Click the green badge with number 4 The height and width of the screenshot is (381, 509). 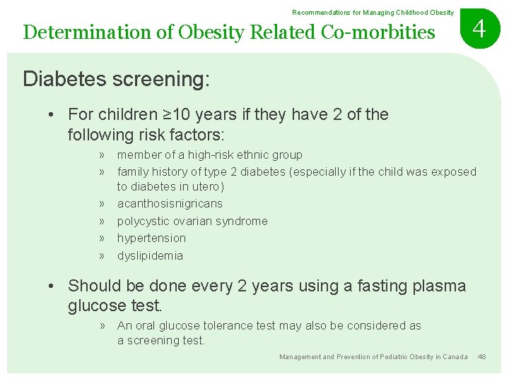479,30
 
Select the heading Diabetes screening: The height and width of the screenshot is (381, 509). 116,79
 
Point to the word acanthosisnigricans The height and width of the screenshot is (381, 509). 170,204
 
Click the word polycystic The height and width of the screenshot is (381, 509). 145,221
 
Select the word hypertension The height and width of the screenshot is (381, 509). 151,238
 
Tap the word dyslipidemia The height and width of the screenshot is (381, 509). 150,256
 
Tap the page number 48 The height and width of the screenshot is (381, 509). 481,357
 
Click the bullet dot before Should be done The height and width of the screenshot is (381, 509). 52,286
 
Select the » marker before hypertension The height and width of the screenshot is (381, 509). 103,238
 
